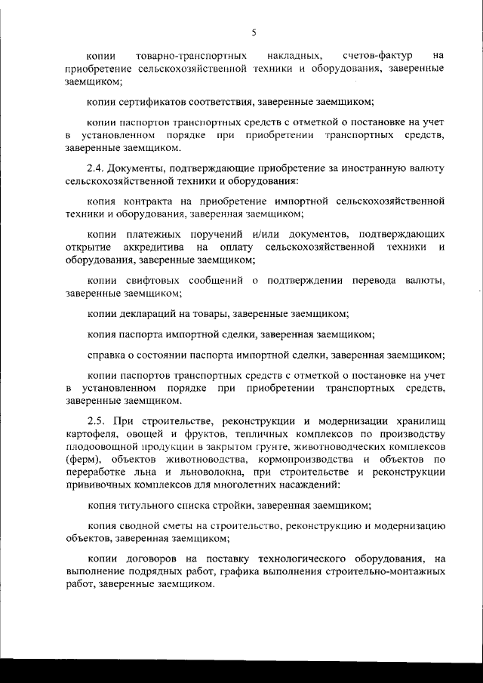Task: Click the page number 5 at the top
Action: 254,32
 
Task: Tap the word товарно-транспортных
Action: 192,56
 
